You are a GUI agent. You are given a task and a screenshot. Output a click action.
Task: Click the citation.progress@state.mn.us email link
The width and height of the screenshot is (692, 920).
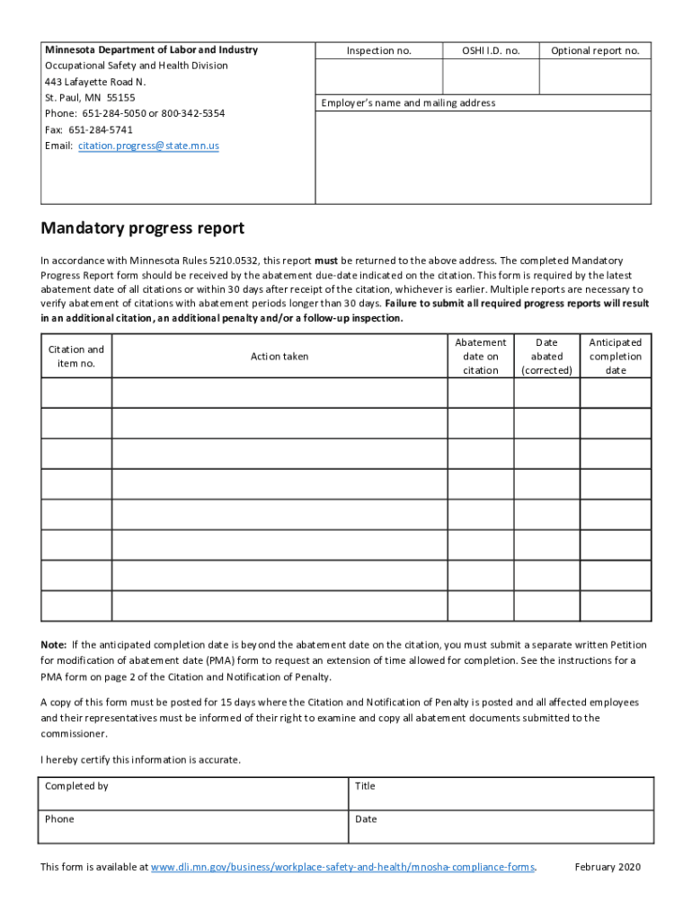(148, 146)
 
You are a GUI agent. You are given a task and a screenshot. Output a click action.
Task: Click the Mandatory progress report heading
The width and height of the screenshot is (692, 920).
(142, 228)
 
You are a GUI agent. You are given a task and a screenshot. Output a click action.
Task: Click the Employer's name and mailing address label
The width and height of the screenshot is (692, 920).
(408, 103)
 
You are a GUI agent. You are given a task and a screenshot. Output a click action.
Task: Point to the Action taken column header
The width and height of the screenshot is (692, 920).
(279, 357)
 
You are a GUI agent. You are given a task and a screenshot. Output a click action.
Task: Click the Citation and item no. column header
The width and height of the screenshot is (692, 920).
(76, 357)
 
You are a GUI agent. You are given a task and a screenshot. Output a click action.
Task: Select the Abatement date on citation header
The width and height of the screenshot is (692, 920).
(481, 357)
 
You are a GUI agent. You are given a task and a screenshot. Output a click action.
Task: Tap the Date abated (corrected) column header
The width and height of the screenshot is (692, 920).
(546, 357)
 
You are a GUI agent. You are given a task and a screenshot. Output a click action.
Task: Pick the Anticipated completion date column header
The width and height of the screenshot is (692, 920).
(616, 357)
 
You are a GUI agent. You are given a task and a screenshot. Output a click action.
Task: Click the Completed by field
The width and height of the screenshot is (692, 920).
(192, 794)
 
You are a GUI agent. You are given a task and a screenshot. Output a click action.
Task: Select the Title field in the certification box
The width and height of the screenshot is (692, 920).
(501, 794)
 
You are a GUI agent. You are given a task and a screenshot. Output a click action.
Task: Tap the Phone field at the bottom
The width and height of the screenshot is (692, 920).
(192, 827)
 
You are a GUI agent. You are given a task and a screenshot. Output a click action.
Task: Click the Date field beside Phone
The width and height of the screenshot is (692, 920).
(501, 827)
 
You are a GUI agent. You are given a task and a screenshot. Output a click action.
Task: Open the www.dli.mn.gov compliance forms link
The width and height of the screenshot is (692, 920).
(342, 868)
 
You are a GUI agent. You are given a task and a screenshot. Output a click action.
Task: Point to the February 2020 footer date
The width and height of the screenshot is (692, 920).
(607, 868)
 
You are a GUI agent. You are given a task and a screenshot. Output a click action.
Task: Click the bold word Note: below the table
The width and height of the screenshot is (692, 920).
(53, 645)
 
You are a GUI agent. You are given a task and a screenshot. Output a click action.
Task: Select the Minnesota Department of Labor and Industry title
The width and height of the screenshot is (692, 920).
(151, 50)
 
